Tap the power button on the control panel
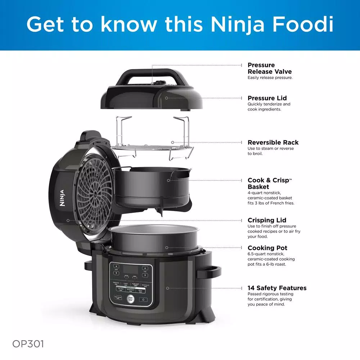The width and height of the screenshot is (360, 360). [x=143, y=300]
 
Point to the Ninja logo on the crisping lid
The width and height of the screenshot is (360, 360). [x=62, y=198]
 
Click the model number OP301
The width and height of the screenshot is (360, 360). [x=28, y=344]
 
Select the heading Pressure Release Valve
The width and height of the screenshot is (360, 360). [x=269, y=68]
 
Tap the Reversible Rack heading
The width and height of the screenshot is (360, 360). [x=273, y=143]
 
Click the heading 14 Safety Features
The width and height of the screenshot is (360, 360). [x=277, y=288]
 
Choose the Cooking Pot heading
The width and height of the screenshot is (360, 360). [x=267, y=248]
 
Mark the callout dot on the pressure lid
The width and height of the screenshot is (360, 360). [x=166, y=98]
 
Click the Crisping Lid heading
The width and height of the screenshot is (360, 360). [x=267, y=220]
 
